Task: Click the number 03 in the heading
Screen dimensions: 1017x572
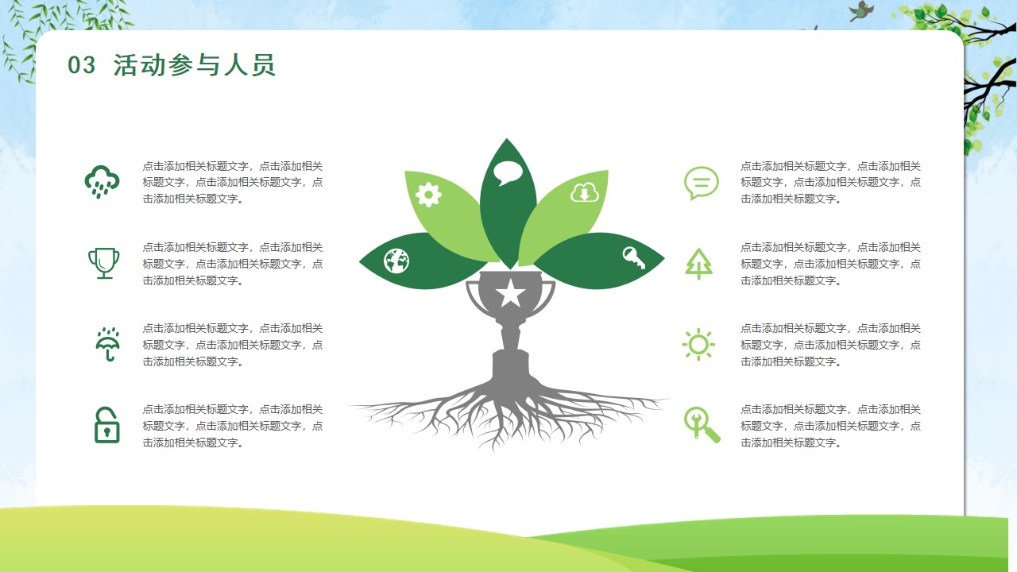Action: (x=82, y=65)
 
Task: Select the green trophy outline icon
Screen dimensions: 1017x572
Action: (x=104, y=263)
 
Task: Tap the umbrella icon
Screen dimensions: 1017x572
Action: (x=107, y=344)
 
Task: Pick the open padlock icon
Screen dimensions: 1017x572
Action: (x=106, y=425)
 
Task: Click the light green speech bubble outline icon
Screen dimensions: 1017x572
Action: (x=702, y=184)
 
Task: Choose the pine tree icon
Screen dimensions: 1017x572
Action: (x=698, y=264)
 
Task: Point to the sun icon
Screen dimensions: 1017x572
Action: (x=698, y=345)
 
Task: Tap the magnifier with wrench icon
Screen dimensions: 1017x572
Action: (x=702, y=425)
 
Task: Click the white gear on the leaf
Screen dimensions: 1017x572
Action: (x=428, y=195)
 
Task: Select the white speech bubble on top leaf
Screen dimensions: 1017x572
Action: (x=508, y=173)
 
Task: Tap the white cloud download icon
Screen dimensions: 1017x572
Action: (x=585, y=192)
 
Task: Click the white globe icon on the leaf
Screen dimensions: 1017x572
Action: (x=396, y=261)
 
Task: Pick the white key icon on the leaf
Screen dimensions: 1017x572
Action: (x=633, y=258)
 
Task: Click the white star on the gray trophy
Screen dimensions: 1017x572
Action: (x=510, y=293)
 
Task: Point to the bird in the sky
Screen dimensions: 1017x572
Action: (x=860, y=11)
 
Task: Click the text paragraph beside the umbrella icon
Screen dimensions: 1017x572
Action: (x=233, y=345)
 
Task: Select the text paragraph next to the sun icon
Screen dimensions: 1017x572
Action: (x=830, y=345)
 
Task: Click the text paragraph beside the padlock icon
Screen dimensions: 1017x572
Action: (x=233, y=426)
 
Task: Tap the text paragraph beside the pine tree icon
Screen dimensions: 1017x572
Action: (x=830, y=264)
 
